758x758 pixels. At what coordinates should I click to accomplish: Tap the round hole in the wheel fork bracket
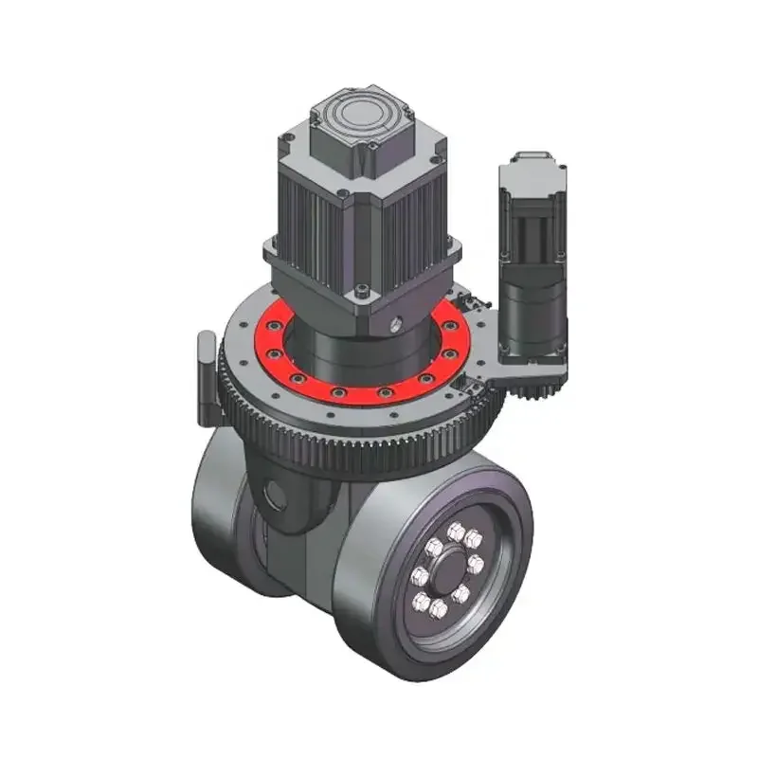(278, 492)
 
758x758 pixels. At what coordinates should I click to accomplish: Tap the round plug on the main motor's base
(395, 325)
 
